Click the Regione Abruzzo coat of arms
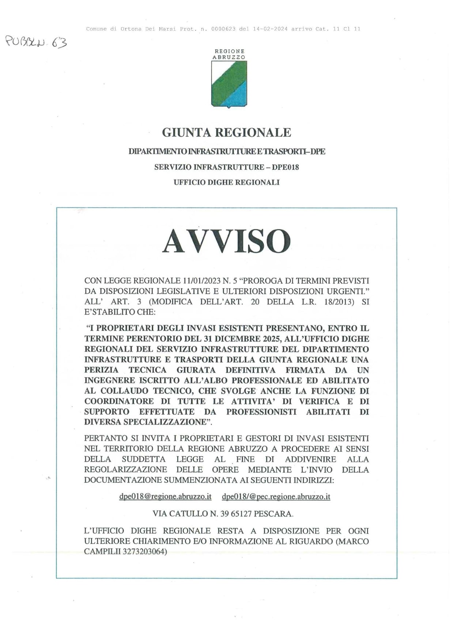click(229, 84)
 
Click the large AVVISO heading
click(226, 241)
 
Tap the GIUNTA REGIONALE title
click(226, 132)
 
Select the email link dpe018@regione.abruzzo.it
click(165, 497)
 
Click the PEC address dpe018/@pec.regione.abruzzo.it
click(276, 497)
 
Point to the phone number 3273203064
click(144, 551)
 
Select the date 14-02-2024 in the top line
click(270, 29)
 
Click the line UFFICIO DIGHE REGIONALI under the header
click(226, 182)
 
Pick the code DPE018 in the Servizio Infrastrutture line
click(286, 167)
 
